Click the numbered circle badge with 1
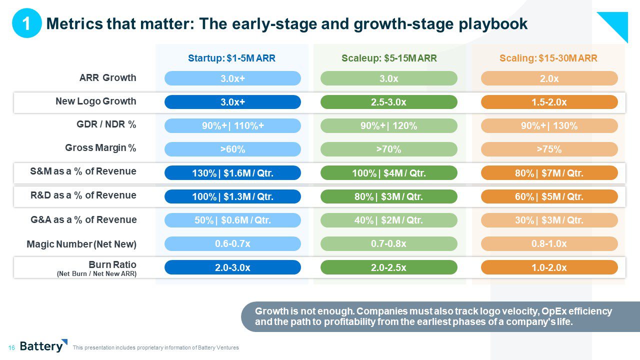[26, 23]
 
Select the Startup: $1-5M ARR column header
[231, 58]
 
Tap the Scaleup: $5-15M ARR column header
[389, 58]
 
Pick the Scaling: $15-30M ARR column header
[548, 58]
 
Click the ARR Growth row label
[107, 77]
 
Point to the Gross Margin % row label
[100, 148]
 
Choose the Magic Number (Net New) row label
[81, 244]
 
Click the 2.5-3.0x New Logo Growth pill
[388, 102]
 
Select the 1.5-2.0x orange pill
[549, 102]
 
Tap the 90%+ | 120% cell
[388, 126]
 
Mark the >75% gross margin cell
[549, 149]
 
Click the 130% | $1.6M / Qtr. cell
[232, 173]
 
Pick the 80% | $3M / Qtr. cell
[388, 196]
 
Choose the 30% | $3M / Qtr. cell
[549, 220]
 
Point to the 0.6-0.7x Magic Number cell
[232, 243]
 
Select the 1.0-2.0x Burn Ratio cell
[549, 267]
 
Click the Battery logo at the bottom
[43, 345]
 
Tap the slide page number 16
[11, 347]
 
